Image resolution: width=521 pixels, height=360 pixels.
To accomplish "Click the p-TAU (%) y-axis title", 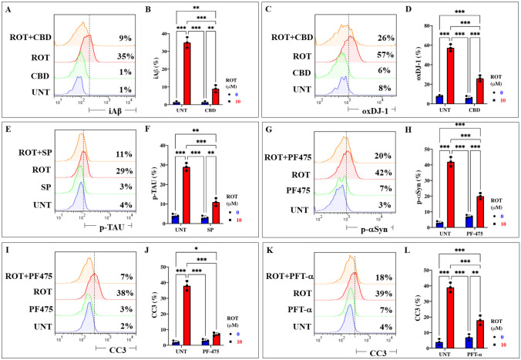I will pos(143,185).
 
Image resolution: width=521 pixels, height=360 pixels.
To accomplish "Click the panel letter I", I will pos(8,248).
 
